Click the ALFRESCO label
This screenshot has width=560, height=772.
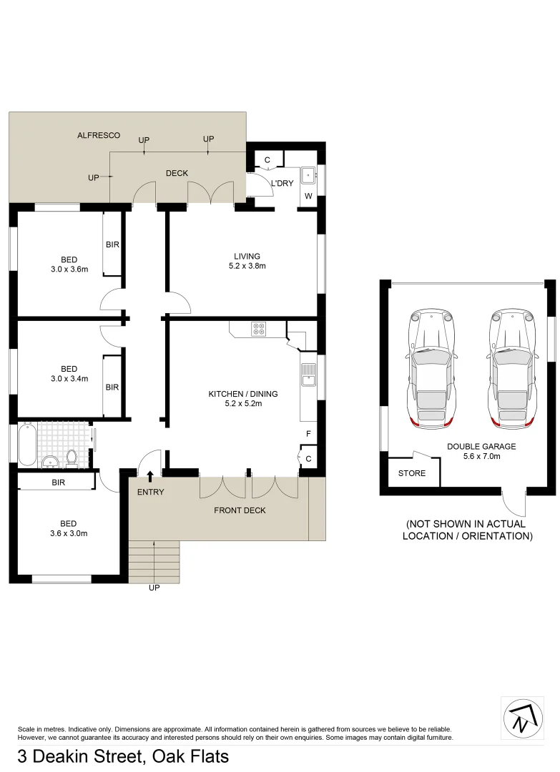(99, 135)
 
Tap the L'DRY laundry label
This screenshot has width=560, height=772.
(282, 184)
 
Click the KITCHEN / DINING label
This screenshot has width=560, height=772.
(242, 394)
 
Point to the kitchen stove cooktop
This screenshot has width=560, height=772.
(258, 329)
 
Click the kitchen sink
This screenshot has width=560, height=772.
(308, 374)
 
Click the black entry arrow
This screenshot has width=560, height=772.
(150, 476)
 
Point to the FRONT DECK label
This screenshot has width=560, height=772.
(240, 510)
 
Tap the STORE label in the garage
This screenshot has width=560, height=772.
(411, 473)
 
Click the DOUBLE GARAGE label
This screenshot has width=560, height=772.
(481, 447)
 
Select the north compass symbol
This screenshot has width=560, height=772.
(526, 716)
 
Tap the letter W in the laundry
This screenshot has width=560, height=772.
(308, 196)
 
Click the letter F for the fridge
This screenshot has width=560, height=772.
(308, 434)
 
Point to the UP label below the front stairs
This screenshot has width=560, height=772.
(154, 588)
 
